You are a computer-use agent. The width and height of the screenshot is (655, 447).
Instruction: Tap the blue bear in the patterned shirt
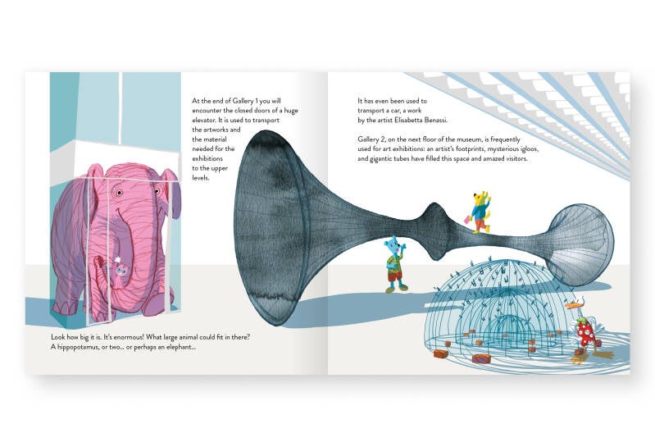coord(395,262)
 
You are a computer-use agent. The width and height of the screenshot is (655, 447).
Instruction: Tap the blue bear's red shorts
coord(396,276)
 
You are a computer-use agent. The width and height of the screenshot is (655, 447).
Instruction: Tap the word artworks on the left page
coord(226,130)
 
